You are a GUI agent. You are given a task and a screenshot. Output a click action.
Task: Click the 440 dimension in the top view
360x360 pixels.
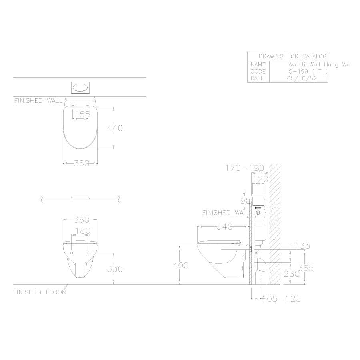pos(115,128)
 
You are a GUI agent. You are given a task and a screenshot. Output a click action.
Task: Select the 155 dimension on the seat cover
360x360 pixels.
pos(82,114)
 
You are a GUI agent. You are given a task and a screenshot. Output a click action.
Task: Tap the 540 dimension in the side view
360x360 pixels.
pos(225,227)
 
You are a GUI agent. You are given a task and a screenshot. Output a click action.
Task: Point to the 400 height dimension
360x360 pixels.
pos(181,266)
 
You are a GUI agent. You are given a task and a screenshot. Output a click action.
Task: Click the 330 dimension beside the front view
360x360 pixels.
pos(115,269)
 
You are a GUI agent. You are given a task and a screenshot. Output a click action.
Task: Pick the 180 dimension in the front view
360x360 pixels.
pos(83,230)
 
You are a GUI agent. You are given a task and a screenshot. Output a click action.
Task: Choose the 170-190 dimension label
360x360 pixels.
pos(244,168)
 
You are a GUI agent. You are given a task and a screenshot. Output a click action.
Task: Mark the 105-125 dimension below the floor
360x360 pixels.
pos(282,298)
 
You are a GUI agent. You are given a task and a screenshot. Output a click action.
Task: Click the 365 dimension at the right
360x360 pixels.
pos(306,268)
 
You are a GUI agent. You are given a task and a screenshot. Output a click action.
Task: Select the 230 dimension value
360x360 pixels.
pos(292,274)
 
